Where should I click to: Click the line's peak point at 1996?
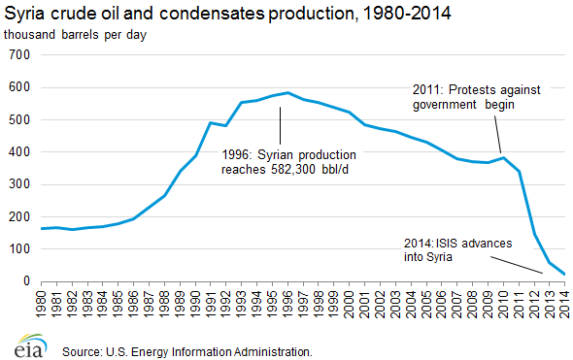[286, 93]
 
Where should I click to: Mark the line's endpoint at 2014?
[565, 274]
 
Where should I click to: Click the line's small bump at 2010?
[502, 157]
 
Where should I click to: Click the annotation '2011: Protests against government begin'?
[464, 96]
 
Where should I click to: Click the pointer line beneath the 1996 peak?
[282, 123]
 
